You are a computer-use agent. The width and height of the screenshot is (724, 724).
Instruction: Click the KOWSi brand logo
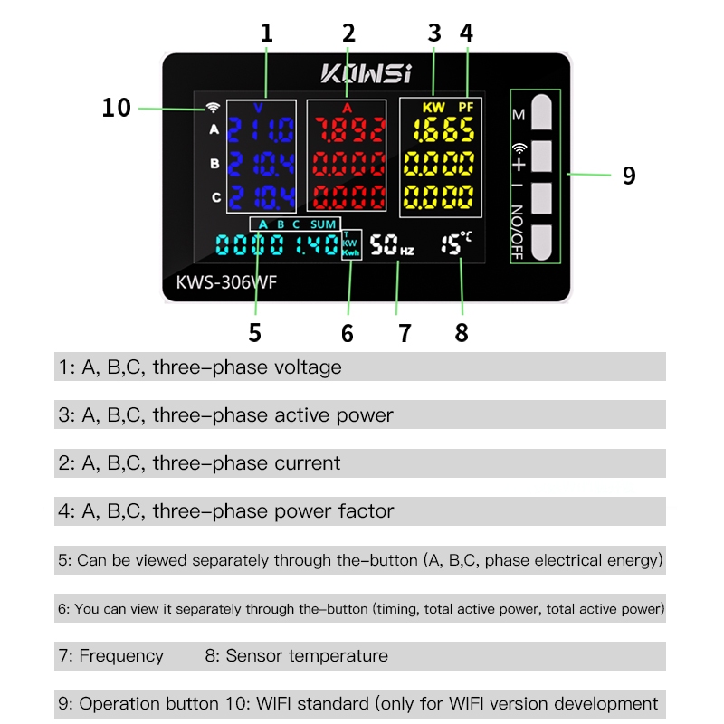(x=366, y=73)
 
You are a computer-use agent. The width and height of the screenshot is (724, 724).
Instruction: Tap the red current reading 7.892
(x=349, y=129)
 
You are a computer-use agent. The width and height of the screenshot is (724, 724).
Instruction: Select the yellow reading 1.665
(x=443, y=129)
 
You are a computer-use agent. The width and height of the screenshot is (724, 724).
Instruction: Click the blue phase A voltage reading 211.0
(x=261, y=129)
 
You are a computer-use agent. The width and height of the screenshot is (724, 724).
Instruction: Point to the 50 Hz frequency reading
(x=392, y=244)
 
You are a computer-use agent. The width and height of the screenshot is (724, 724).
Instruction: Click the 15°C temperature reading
(x=456, y=243)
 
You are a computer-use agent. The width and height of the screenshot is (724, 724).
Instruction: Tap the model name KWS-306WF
(x=226, y=282)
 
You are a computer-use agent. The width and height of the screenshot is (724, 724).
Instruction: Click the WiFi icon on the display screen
(x=213, y=108)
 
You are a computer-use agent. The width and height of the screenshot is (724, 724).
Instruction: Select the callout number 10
(x=117, y=108)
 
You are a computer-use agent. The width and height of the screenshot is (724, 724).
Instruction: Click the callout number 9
(x=629, y=176)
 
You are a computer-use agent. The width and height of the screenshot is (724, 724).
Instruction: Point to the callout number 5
(x=255, y=332)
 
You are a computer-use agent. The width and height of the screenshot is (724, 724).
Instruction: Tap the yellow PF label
(x=466, y=108)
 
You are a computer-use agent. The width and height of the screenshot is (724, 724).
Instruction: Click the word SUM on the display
(x=323, y=224)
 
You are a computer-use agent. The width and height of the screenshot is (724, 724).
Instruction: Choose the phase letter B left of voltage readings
(x=214, y=164)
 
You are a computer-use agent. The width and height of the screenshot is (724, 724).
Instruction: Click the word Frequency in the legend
(x=121, y=656)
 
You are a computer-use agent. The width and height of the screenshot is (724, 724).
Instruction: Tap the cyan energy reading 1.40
(x=317, y=244)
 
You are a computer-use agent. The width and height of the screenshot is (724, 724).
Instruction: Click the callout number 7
(x=405, y=333)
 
